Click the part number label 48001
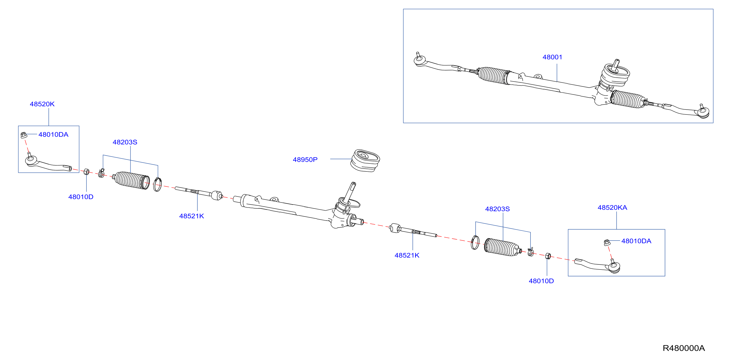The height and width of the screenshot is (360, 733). tap(552, 57)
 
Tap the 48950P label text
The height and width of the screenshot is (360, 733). tap(305, 160)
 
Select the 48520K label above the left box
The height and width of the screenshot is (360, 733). tap(42, 104)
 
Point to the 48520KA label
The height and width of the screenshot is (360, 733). tap(612, 208)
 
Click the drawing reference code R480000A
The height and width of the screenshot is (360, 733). tap(684, 348)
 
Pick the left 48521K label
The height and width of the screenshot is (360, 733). tap(192, 216)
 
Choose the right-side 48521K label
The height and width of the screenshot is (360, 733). tap(407, 255)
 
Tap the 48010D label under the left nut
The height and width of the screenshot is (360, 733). tap(81, 197)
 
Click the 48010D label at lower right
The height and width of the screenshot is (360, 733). tap(541, 281)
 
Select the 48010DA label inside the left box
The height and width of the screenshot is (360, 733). tap(53, 134)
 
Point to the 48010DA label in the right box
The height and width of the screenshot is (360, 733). tap(636, 241)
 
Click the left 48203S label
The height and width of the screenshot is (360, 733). tap(125, 142)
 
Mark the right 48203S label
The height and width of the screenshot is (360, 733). tap(497, 209)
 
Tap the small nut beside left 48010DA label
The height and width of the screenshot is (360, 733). tap(24, 135)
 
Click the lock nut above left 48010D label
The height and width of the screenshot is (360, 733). tap(86, 172)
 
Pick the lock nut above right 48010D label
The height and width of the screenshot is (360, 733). tap(548, 256)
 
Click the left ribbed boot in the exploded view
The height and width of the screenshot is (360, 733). tap(131, 180)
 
